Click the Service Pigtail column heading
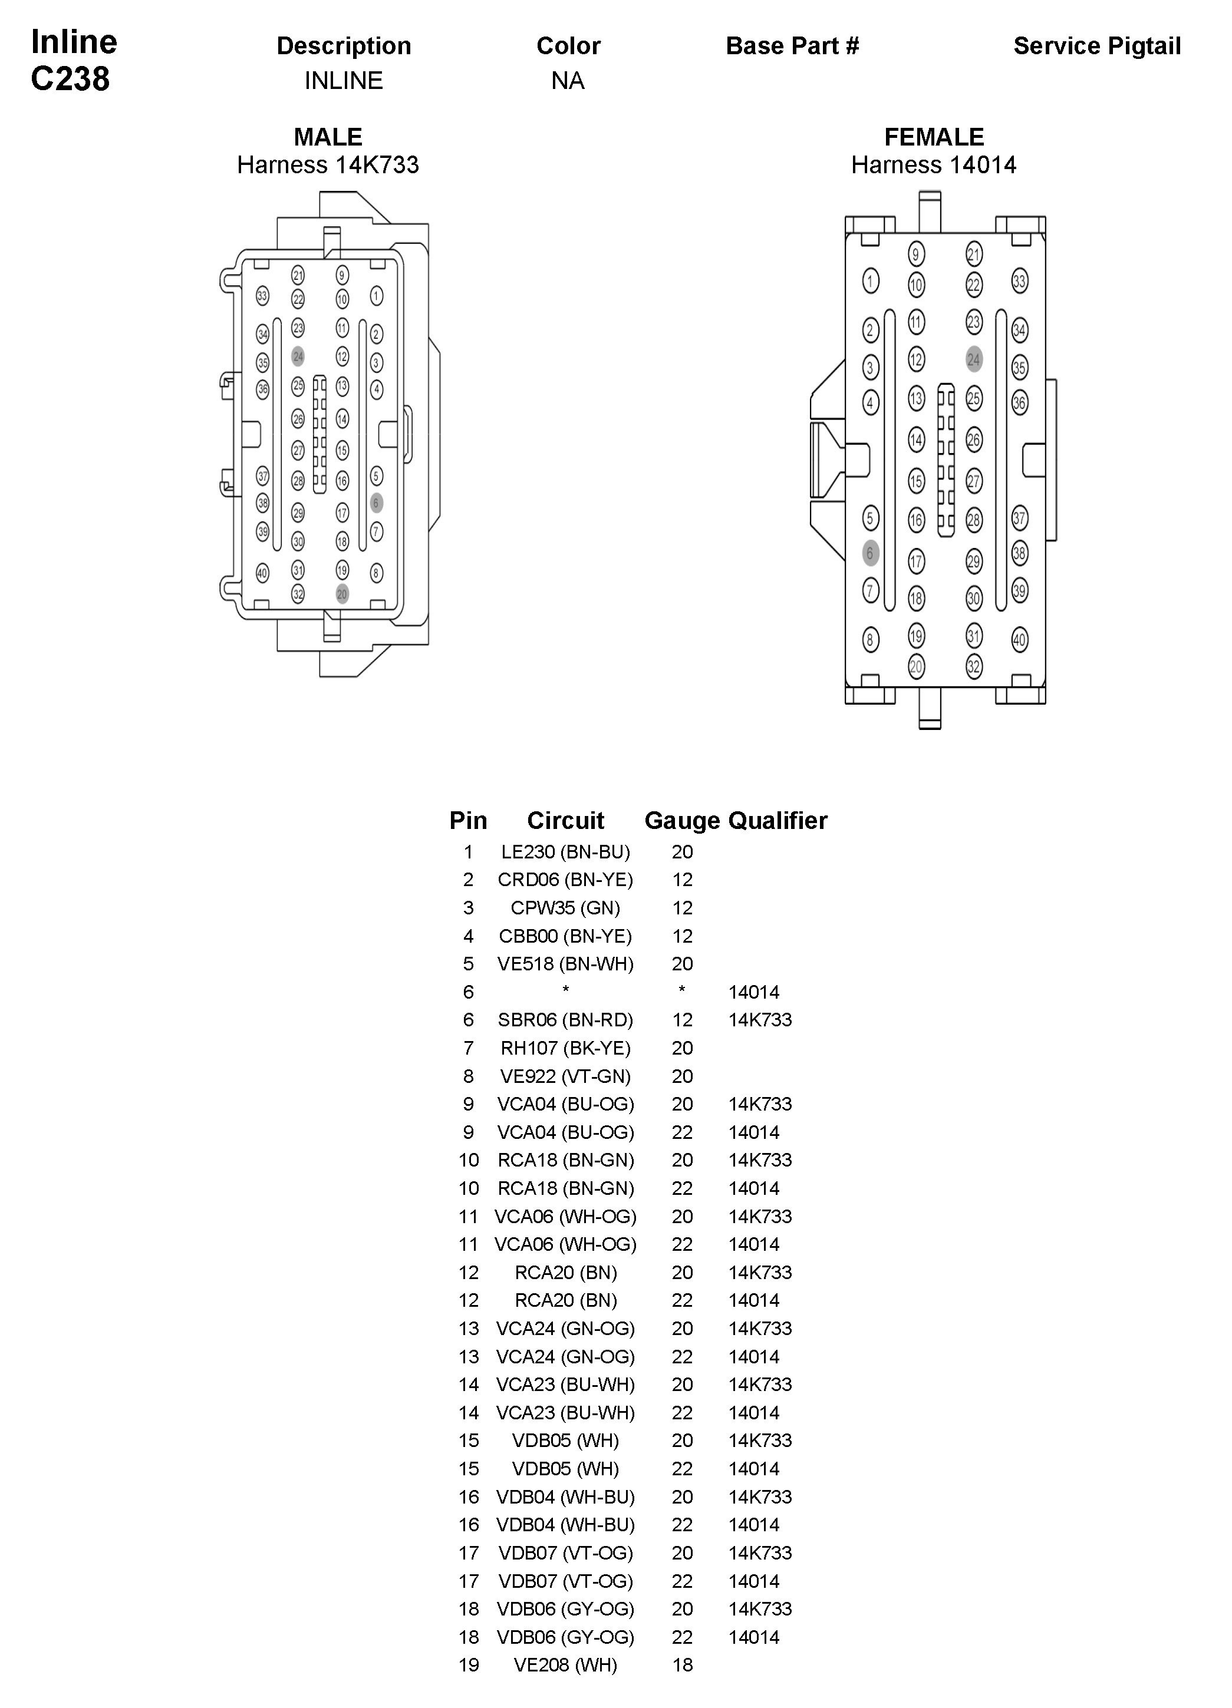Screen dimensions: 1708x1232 pyautogui.click(x=1096, y=46)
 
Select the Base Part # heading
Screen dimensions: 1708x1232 pyautogui.click(x=792, y=46)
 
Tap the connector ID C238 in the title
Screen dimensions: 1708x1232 pyautogui.click(x=70, y=79)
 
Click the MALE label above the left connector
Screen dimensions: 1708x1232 pyautogui.click(x=328, y=137)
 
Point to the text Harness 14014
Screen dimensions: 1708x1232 pyautogui.click(x=934, y=165)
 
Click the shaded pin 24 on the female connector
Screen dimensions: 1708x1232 pyautogui.click(x=974, y=359)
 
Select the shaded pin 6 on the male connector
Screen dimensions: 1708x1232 pyautogui.click(x=377, y=503)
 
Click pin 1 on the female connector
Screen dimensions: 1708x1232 pyautogui.click(x=870, y=282)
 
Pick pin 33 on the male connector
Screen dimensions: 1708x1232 pyautogui.click(x=262, y=296)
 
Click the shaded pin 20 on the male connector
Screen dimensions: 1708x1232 pyautogui.click(x=342, y=594)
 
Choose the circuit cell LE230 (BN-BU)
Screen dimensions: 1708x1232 pyautogui.click(x=565, y=852)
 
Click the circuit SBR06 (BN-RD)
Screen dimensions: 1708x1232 pyautogui.click(x=565, y=1020)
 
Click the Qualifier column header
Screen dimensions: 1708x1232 pyautogui.click(x=778, y=820)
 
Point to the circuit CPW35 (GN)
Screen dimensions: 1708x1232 pyautogui.click(x=565, y=907)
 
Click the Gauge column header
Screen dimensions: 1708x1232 pyautogui.click(x=682, y=820)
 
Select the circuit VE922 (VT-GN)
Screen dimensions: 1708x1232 pyautogui.click(x=565, y=1076)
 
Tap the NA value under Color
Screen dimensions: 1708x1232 pyautogui.click(x=568, y=81)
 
